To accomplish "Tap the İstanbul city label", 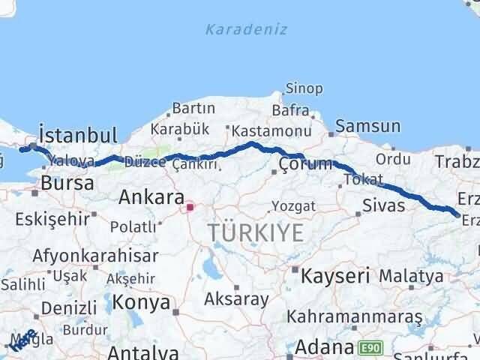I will [x=78, y=136].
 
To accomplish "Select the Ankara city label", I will [x=151, y=197].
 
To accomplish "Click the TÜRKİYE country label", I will [x=256, y=232].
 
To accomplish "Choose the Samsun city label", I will [x=367, y=125].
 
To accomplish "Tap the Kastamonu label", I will [x=261, y=130].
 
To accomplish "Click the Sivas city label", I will [x=383, y=205].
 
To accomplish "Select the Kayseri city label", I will [x=335, y=275].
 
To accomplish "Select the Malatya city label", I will [x=410, y=276].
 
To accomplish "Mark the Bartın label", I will [x=193, y=109].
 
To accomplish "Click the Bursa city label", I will [x=67, y=183].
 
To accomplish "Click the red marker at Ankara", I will [x=190, y=206].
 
